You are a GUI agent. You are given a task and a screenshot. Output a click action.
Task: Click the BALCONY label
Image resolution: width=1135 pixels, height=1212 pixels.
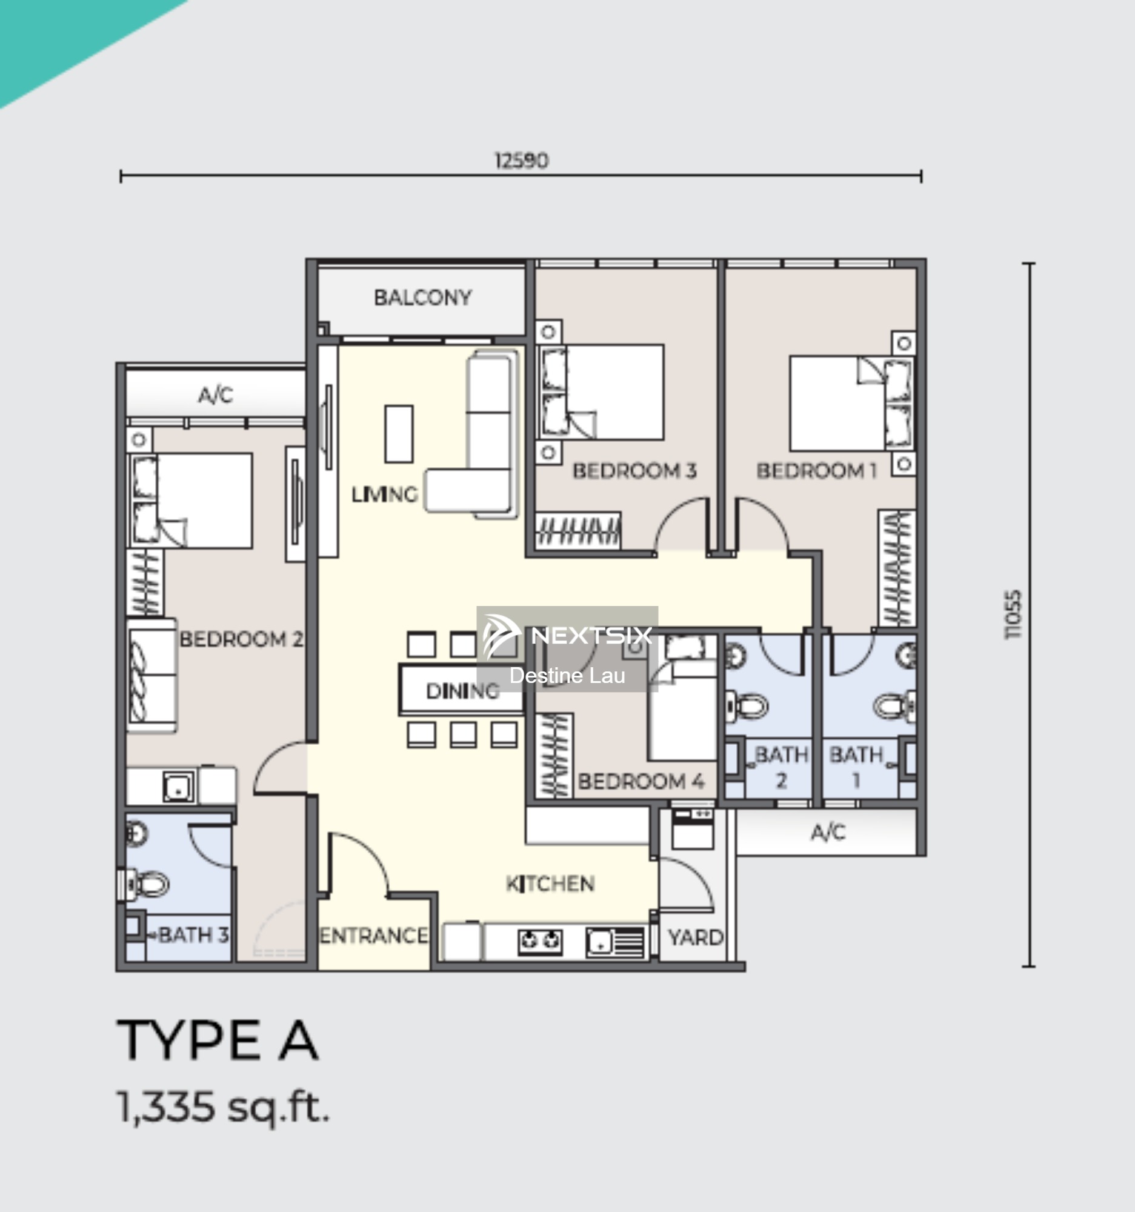422,298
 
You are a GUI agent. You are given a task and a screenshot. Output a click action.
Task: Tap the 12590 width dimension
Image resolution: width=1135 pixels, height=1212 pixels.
521,161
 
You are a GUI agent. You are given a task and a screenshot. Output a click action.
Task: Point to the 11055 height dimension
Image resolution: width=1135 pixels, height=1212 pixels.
1013,614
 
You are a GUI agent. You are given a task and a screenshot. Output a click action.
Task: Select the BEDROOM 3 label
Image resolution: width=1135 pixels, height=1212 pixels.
634,471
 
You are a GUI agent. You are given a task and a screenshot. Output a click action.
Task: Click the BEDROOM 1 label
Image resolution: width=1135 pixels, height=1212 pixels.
817,471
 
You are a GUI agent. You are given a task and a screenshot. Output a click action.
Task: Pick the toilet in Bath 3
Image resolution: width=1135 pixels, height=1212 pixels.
145,884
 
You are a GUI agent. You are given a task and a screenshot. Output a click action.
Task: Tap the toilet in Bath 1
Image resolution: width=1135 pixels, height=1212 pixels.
894,706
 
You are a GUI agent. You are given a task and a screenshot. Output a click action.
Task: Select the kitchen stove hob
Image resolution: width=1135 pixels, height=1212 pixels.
540,941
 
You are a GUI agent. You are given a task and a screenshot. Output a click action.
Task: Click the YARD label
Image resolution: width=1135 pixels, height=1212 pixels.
696,937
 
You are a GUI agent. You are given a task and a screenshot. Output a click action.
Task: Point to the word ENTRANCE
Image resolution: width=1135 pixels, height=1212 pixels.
374,936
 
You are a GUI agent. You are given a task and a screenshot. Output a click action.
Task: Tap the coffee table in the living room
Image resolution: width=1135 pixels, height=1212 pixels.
399,433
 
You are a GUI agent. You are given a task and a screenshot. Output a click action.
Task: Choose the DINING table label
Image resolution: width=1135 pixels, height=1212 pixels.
462,691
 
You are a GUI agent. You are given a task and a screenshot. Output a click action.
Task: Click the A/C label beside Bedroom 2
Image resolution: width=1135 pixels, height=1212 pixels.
215,395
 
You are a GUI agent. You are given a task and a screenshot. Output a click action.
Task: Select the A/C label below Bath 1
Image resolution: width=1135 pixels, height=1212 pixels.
828,832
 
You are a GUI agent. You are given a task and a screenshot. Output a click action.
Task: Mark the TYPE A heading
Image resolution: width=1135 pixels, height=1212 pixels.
218,1040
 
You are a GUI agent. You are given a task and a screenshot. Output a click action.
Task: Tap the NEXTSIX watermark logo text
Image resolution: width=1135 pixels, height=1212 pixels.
591,636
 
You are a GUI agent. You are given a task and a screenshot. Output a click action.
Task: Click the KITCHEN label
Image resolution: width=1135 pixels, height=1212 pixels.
550,884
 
